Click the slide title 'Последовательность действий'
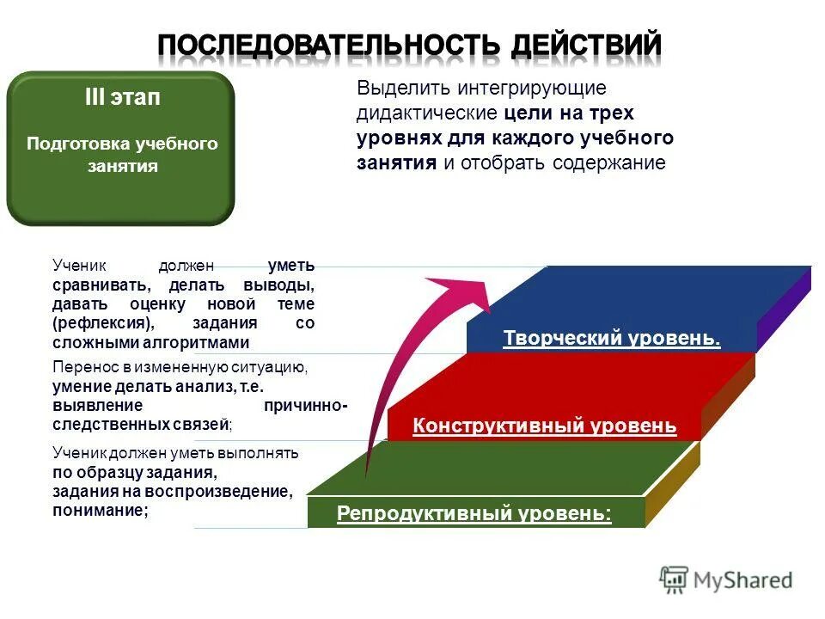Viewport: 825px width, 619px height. [x=410, y=44]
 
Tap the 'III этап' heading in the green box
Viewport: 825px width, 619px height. [x=121, y=98]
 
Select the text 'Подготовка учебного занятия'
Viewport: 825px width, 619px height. [x=122, y=155]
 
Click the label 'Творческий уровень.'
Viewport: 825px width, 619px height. [x=612, y=339]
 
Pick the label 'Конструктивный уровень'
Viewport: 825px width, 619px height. [x=545, y=426]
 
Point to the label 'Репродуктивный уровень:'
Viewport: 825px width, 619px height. [x=474, y=514]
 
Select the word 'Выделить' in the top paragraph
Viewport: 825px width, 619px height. [x=403, y=89]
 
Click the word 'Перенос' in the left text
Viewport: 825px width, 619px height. [x=80, y=368]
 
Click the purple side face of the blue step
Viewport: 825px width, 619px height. [x=783, y=309]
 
